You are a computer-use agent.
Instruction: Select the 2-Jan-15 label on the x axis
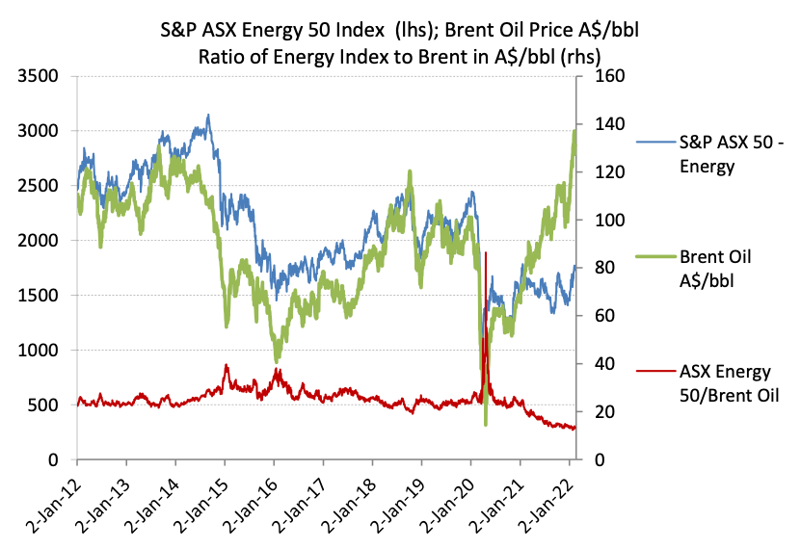tap(202, 501)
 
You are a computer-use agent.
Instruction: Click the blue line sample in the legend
tap(655, 143)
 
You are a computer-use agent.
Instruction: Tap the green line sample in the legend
tap(655, 257)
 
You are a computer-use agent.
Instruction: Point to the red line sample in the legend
tap(655, 370)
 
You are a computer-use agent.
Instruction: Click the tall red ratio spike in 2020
tap(486, 254)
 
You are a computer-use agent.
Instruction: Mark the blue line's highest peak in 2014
tap(208, 117)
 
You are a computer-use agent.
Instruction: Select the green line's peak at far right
tap(574, 131)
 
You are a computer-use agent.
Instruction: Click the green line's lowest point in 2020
tap(486, 424)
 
